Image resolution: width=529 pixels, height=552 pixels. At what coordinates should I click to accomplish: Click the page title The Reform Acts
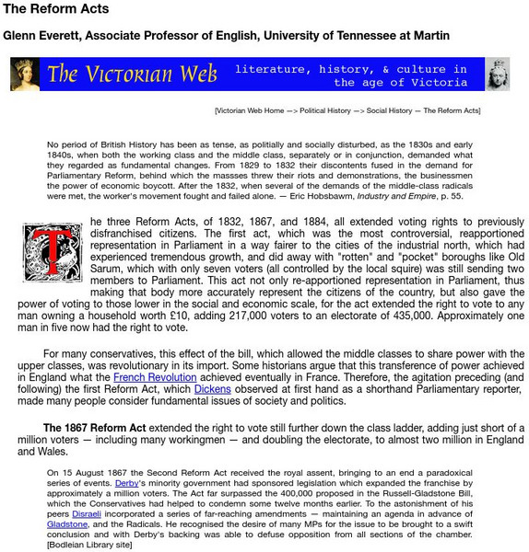tap(55, 9)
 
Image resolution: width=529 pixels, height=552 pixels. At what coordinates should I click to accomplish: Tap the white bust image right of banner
tap(498, 75)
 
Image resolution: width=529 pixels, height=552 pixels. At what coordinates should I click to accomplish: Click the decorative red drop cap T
tap(53, 251)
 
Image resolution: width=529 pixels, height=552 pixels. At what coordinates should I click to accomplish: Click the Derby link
tap(127, 482)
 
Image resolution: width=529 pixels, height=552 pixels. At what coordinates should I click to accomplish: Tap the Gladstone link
tap(68, 524)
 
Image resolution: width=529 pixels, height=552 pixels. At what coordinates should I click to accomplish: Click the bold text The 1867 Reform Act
tap(95, 428)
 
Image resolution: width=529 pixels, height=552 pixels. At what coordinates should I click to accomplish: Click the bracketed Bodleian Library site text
tap(89, 546)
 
